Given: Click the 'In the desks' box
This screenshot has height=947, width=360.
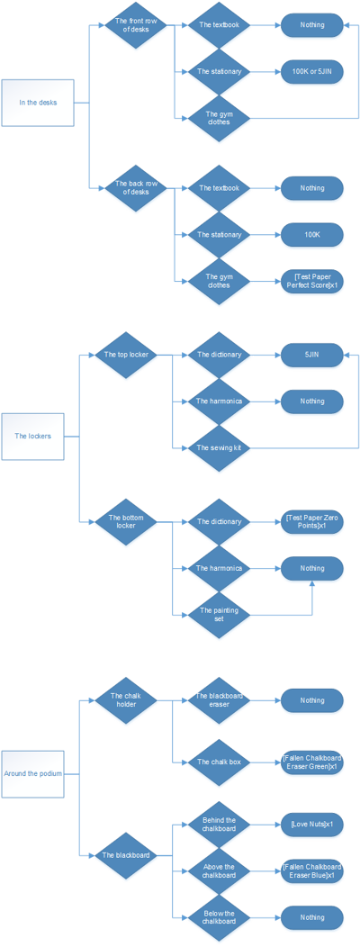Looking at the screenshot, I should pyautogui.click(x=38, y=102).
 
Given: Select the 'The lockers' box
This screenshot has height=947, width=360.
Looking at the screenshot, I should pyautogui.click(x=33, y=436).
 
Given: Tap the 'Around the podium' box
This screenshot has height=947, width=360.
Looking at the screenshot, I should pyautogui.click(x=33, y=772).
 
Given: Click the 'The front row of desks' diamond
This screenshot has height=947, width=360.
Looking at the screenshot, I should pyautogui.click(x=138, y=25).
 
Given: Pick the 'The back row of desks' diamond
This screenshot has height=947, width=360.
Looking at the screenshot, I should pyautogui.click(x=138, y=187).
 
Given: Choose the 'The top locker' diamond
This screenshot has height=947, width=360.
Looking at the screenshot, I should pyautogui.click(x=126, y=355).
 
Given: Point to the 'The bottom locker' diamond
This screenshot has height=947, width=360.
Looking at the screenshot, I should pyautogui.click(x=126, y=521).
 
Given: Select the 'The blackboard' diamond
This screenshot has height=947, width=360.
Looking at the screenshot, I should pyautogui.click(x=126, y=855).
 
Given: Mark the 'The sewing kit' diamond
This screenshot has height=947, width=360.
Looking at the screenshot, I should pyautogui.click(x=219, y=447).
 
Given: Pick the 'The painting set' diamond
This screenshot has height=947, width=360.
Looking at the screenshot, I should pyautogui.click(x=219, y=615).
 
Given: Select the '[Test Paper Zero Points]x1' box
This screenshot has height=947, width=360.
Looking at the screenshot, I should pyautogui.click(x=312, y=522).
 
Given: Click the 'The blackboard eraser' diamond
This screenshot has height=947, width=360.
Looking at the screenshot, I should pyautogui.click(x=219, y=699).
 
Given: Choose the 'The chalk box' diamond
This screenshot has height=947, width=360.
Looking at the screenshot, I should pyautogui.click(x=219, y=762).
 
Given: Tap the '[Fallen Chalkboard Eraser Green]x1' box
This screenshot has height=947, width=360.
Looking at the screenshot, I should pyautogui.click(x=312, y=762).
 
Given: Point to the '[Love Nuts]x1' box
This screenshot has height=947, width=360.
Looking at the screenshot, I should pyautogui.click(x=312, y=825).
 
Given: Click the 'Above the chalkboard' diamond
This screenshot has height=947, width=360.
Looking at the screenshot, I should pyautogui.click(x=219, y=870).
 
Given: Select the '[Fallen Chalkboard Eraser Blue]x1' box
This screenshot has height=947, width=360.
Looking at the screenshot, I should pyautogui.click(x=312, y=870).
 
